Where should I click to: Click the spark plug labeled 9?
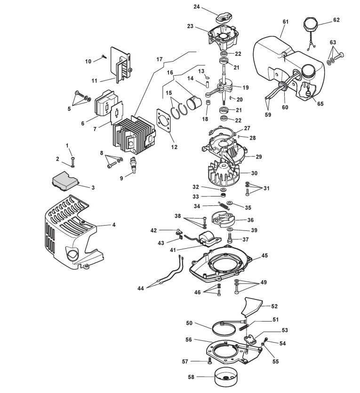(133, 164)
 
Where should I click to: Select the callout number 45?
(264, 255)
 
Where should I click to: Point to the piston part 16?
(194, 102)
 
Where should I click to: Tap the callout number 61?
(286, 22)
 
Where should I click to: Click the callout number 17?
(160, 59)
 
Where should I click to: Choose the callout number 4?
(114, 225)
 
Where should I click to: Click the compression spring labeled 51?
(244, 327)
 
